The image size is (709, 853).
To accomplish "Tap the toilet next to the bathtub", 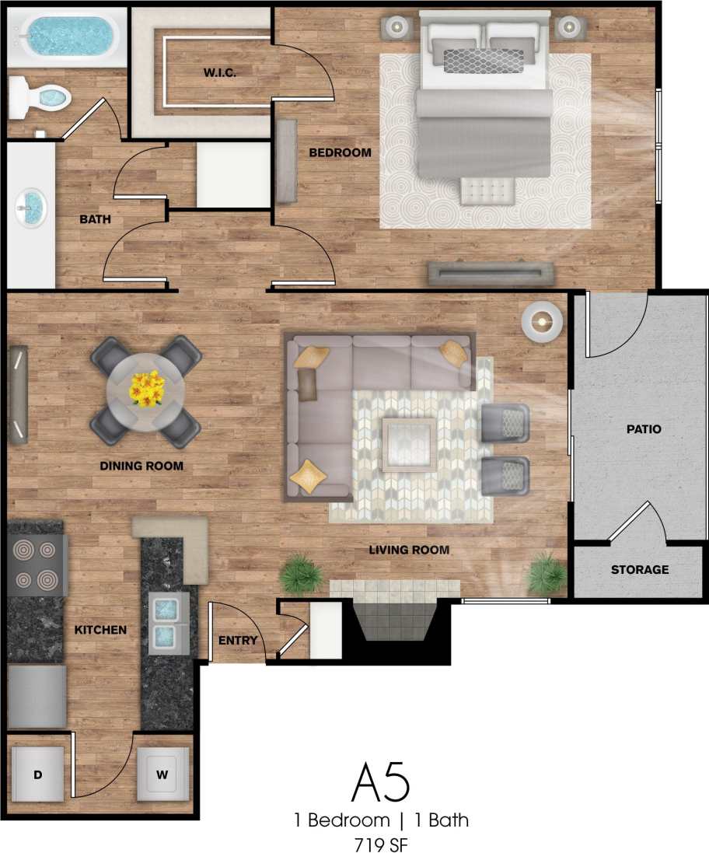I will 43,99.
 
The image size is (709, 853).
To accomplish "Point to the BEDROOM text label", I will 340,152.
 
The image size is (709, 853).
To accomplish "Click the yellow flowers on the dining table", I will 146,388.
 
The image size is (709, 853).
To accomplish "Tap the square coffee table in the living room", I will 408,444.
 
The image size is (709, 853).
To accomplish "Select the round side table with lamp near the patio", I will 541,320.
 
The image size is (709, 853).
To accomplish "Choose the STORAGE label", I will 639,570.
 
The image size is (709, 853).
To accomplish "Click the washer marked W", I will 162,774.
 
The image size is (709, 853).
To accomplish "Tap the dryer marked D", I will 37,774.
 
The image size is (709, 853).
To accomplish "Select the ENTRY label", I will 237,640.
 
